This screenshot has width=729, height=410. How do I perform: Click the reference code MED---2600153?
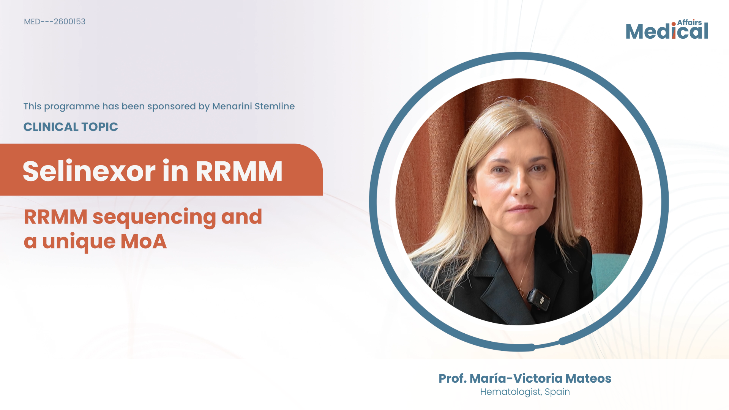coord(55,22)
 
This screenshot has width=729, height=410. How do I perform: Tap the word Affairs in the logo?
coord(690,22)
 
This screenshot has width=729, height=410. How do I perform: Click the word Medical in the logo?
coord(667,31)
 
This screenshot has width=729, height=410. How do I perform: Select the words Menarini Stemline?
coord(253,106)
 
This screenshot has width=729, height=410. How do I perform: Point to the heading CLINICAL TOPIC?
coord(71,127)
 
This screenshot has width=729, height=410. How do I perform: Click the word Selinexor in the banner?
coord(89,171)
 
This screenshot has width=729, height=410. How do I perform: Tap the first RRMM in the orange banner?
coord(239,172)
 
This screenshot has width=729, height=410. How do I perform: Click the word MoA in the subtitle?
coord(144,241)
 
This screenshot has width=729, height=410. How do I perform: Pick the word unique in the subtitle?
coord(79,242)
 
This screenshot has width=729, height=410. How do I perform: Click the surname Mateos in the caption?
coord(588,378)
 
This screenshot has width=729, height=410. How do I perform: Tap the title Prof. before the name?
coord(452,378)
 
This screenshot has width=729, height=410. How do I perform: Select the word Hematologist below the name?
coord(511,392)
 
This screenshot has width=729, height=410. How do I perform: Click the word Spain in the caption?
coord(557,392)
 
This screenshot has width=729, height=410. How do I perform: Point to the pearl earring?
coord(475,203)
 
